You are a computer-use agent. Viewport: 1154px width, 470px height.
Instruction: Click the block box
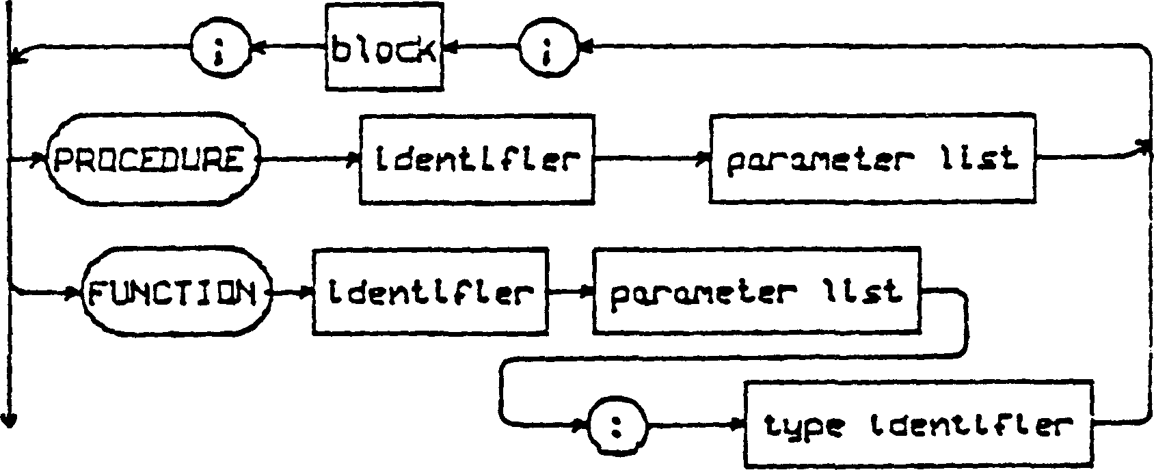(383, 47)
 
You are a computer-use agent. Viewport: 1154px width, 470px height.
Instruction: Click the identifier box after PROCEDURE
(476, 160)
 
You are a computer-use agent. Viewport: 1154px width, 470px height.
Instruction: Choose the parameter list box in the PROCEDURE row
(872, 160)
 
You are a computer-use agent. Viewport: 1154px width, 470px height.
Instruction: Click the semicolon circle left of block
(219, 49)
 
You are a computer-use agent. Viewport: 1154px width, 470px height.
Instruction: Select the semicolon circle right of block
(547, 49)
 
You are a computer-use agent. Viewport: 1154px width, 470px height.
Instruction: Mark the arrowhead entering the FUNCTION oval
(74, 294)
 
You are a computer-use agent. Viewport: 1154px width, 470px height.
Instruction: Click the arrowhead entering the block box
(450, 48)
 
